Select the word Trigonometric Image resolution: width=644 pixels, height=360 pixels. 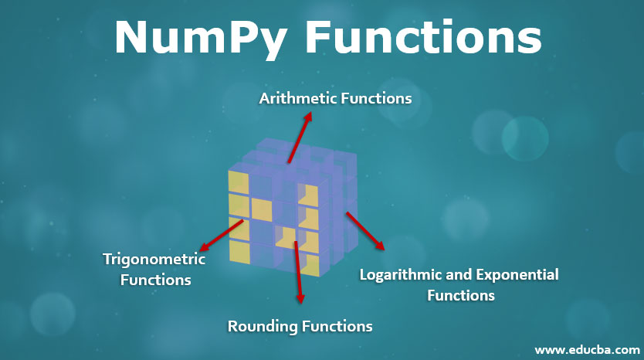[154, 260]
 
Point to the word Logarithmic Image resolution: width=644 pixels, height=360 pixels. [400, 275]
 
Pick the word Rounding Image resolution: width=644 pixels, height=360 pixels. [262, 326]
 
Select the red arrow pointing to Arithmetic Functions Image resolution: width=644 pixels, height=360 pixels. [299, 139]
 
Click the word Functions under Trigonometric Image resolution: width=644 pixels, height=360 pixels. [156, 280]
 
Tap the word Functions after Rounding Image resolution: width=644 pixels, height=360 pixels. [337, 326]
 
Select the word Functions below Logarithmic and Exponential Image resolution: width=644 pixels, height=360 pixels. [461, 295]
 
